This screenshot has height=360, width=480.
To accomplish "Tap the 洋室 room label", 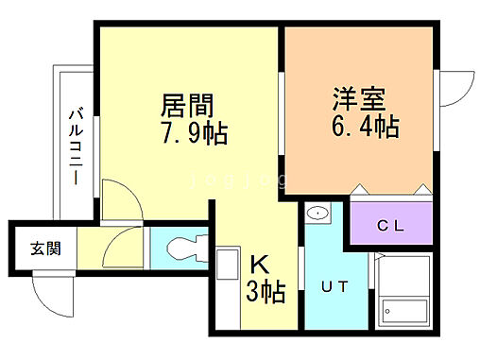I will pyautogui.click(x=357, y=99).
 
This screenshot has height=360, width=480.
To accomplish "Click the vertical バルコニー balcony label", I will pyautogui.click(x=74, y=146).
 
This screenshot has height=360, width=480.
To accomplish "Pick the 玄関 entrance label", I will pyautogui.click(x=44, y=249).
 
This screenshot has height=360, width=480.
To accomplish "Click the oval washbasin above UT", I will pyautogui.click(x=317, y=213).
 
